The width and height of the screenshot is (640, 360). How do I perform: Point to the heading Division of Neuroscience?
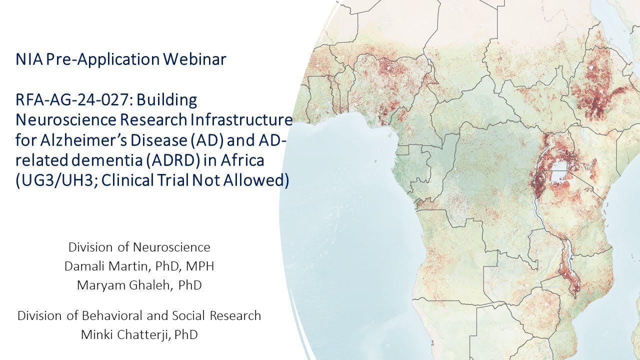(139, 247)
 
